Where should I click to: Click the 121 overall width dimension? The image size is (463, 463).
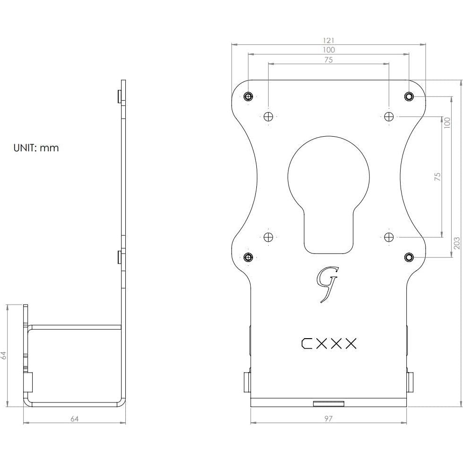click(x=329, y=41)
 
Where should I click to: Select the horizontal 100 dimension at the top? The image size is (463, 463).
click(x=329, y=50)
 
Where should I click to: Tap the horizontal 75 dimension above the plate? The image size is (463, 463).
click(x=329, y=60)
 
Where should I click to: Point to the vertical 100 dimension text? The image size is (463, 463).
click(x=447, y=123)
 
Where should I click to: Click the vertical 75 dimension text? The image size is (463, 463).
click(x=437, y=176)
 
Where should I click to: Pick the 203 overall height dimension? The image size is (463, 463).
click(x=456, y=243)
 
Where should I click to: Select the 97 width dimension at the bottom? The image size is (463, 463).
click(x=329, y=419)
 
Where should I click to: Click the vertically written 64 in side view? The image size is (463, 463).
click(x=4, y=355)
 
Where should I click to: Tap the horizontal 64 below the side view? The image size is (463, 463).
click(x=74, y=419)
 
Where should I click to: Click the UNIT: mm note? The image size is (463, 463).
click(x=36, y=148)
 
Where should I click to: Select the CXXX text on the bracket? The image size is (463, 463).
click(x=329, y=344)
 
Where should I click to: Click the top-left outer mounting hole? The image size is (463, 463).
click(x=248, y=96)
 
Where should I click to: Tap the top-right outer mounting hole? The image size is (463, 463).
click(x=409, y=96)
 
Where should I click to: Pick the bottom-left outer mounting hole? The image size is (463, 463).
click(x=248, y=257)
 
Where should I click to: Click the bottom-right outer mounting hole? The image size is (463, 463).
click(x=409, y=257)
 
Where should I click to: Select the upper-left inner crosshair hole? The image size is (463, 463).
click(x=269, y=116)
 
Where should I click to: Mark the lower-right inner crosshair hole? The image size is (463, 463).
click(x=389, y=236)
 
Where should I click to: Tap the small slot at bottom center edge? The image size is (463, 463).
click(x=329, y=403)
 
